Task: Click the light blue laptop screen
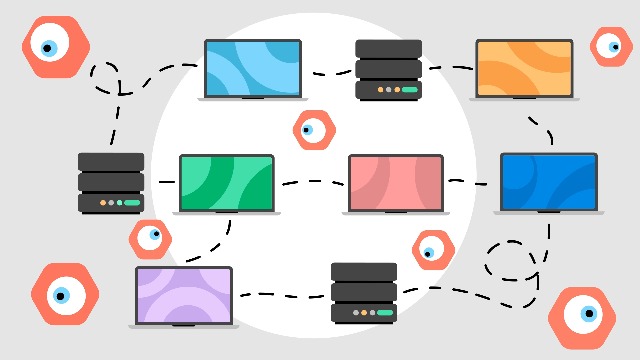pos(252,67)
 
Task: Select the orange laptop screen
pos(524,67)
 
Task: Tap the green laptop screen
pos(226,182)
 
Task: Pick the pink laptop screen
pos(395,182)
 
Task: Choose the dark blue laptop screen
pos(548,181)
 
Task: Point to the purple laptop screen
pos(184,294)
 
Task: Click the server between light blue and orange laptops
pos(388,69)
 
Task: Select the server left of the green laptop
pos(111,182)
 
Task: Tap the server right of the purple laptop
pos(364,292)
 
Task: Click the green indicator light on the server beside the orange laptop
pos(411,89)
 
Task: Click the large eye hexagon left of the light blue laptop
pos(55,46)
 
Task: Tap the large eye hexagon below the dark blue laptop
pos(581,317)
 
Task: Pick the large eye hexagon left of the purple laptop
pos(65,294)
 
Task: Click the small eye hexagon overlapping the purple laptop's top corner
pos(150,237)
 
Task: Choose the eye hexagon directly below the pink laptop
pos(432,250)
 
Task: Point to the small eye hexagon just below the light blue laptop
pos(312,129)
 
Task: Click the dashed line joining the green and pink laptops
pos(313,182)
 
